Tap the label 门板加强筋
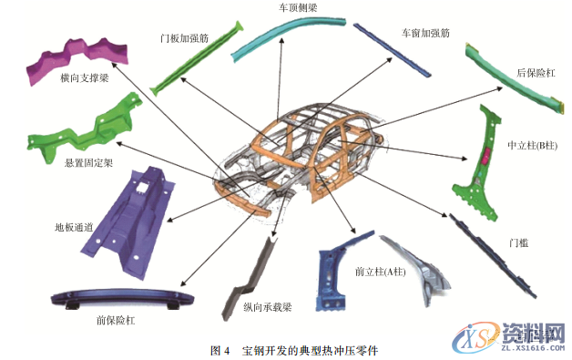(182, 39)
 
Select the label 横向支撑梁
(85, 79)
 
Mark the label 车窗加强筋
(425, 32)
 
